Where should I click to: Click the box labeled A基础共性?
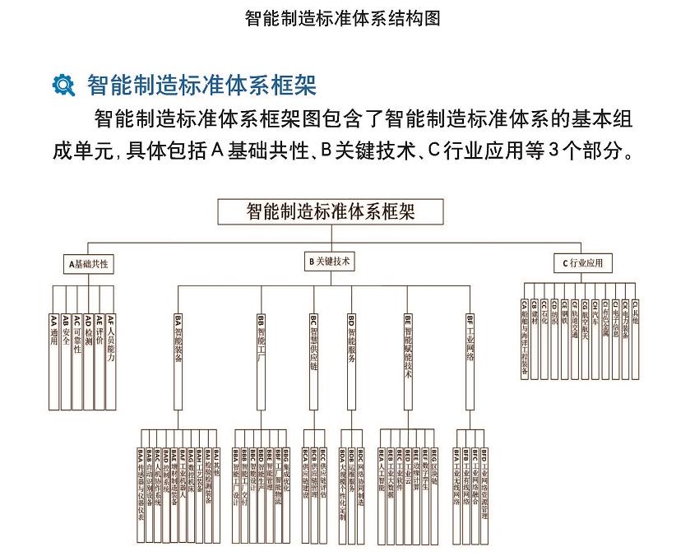tap(90, 264)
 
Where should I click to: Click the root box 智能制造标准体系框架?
tap(331, 211)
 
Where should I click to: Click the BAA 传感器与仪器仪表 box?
tap(140, 493)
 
